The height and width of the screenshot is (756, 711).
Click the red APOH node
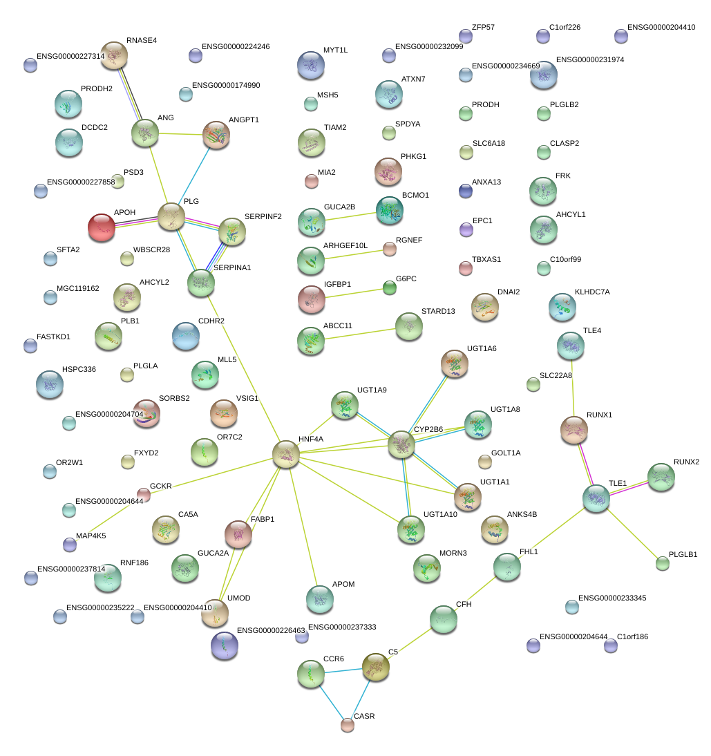click(102, 227)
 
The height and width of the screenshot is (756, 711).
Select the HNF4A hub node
click(285, 454)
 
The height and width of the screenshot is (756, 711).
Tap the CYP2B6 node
click(401, 444)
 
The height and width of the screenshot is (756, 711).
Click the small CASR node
click(348, 725)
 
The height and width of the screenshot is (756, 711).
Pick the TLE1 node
click(596, 498)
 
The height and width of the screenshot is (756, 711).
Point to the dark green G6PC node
click(390, 288)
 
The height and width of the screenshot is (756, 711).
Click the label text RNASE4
click(142, 41)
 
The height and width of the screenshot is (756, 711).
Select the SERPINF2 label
click(263, 216)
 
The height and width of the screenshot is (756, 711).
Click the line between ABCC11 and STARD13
click(359, 333)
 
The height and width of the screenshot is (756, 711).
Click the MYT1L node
click(310, 66)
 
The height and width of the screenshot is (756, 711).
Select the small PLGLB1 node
click(663, 563)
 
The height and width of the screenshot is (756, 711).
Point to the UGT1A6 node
click(454, 363)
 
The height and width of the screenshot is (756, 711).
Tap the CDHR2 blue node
click(185, 336)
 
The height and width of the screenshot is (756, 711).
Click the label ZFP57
click(483, 28)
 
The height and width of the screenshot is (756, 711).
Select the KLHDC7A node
click(562, 307)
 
